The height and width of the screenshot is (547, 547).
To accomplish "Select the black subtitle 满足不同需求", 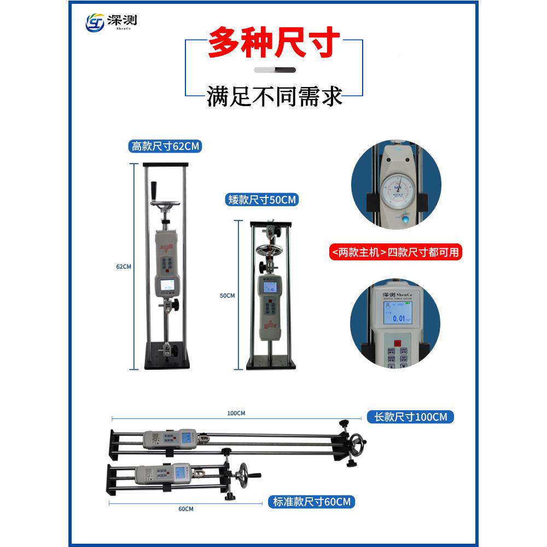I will tap(275, 96).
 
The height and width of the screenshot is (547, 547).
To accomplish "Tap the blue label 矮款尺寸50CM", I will tap(261, 200).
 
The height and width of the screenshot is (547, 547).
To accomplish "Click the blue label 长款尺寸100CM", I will tap(410, 417).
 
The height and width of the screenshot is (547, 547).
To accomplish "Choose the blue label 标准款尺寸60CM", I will tap(310, 501).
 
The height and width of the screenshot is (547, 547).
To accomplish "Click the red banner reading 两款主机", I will tap(395, 252).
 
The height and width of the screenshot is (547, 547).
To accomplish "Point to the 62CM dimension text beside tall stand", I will tap(124, 266).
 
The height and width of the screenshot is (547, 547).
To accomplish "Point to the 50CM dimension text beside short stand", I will tap(227, 295).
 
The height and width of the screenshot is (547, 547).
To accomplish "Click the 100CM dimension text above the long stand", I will tap(236, 413).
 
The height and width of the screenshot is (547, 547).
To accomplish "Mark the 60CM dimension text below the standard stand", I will tap(185, 509).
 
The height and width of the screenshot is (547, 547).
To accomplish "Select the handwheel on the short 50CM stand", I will tap(267, 251).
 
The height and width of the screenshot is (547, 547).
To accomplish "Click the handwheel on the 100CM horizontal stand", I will tap(358, 441).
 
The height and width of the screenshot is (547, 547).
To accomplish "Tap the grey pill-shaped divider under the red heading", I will tap(275, 70).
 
